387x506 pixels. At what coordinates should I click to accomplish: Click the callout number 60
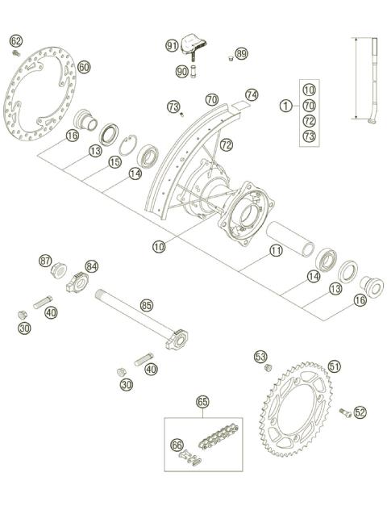(84, 67)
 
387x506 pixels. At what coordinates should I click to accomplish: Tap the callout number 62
(16, 40)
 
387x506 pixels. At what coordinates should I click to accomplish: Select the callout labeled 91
(172, 46)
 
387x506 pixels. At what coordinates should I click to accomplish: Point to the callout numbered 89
(242, 54)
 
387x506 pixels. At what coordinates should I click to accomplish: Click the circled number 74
(252, 94)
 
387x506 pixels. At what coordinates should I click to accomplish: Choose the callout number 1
(285, 105)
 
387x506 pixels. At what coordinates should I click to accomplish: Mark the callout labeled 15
(114, 162)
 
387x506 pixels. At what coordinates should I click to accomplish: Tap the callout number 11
(276, 251)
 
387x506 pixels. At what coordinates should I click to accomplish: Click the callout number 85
(146, 305)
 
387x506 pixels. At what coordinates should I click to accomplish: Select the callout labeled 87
(46, 261)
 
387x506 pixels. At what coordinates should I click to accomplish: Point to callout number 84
(92, 266)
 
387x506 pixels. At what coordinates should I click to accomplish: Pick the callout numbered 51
(335, 366)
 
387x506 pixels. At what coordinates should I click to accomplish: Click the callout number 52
(360, 412)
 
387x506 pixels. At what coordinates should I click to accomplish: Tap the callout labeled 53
(260, 356)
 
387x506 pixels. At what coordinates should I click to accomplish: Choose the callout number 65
(202, 401)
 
